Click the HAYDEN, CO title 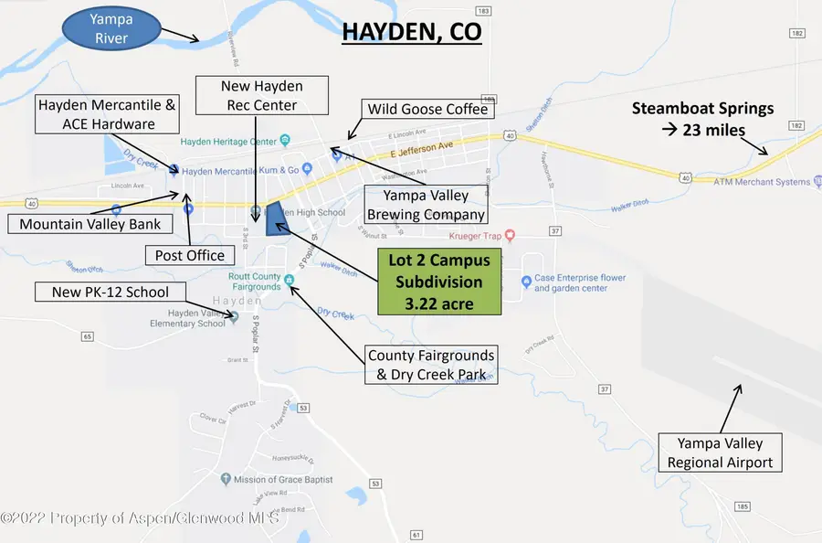coord(411,32)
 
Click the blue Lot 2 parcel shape coord(274,218)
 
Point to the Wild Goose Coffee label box coord(427,110)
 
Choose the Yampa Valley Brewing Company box coord(425,206)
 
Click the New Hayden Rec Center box coord(262,96)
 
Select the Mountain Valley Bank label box coord(90,224)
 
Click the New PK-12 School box coord(110,292)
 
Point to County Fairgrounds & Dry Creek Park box coord(431,365)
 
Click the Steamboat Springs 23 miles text coord(702,119)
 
